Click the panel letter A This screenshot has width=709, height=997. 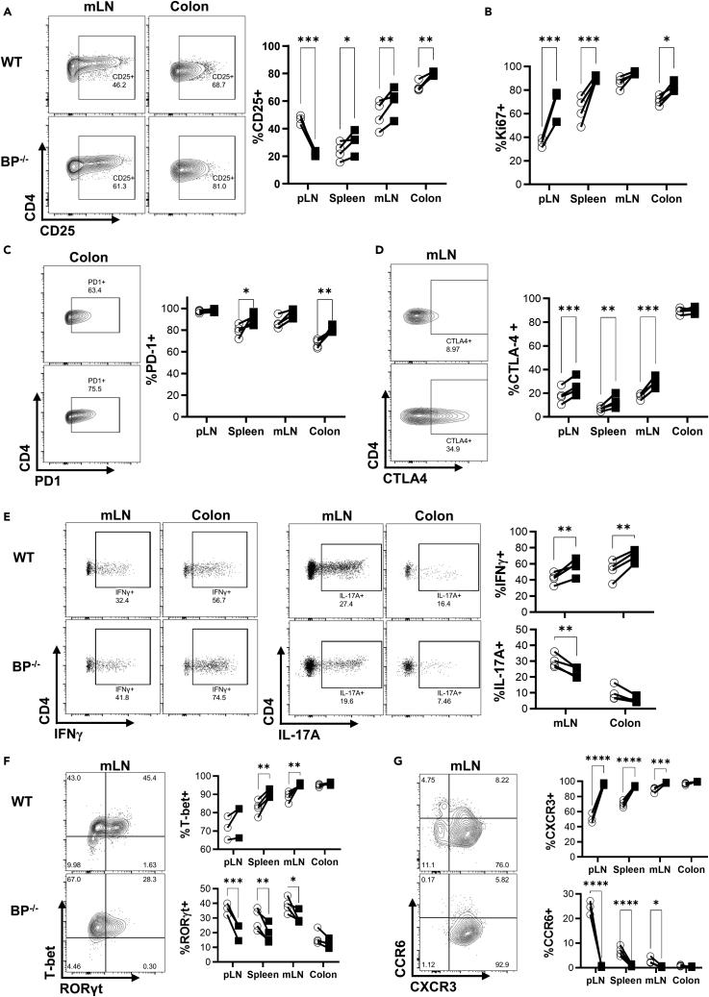[x=7, y=9]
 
